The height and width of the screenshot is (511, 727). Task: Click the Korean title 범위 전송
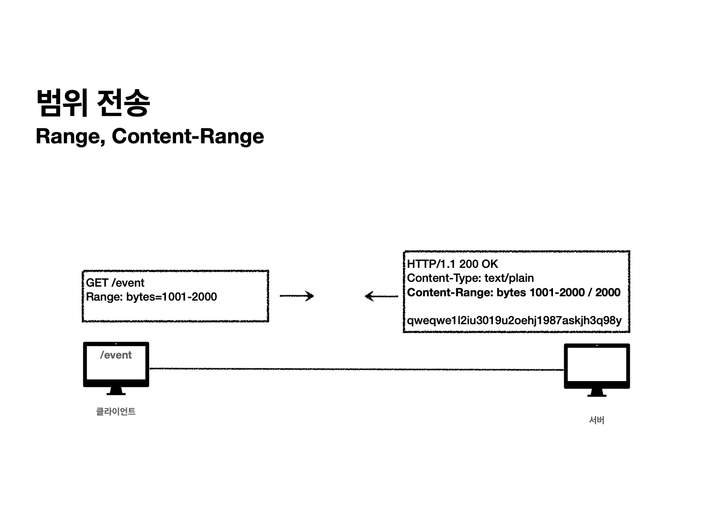coord(92,103)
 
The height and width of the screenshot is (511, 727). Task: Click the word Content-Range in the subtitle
coord(188,136)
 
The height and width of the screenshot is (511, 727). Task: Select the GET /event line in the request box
coord(115,283)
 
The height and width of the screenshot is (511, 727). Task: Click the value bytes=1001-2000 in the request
coord(171,297)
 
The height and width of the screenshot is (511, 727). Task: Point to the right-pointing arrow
coord(297,296)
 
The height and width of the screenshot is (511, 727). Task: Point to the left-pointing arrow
coord(381,296)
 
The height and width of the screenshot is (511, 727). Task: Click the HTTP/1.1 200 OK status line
coord(452,264)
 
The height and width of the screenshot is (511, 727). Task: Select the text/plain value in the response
coord(508,278)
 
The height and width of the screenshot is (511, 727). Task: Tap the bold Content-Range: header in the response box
coord(450,293)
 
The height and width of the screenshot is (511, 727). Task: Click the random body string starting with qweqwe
coord(514,320)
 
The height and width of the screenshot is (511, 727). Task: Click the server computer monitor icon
coord(597,367)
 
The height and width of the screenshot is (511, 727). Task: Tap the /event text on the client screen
coord(116,355)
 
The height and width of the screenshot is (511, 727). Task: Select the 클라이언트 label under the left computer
coord(115,412)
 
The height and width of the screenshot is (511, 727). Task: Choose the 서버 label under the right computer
coord(597,420)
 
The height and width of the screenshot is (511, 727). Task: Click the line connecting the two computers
coord(354,369)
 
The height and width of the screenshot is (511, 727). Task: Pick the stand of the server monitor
coord(597,393)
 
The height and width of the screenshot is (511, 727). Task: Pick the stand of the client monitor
coord(116,391)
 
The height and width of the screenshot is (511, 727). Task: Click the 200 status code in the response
coord(469,264)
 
